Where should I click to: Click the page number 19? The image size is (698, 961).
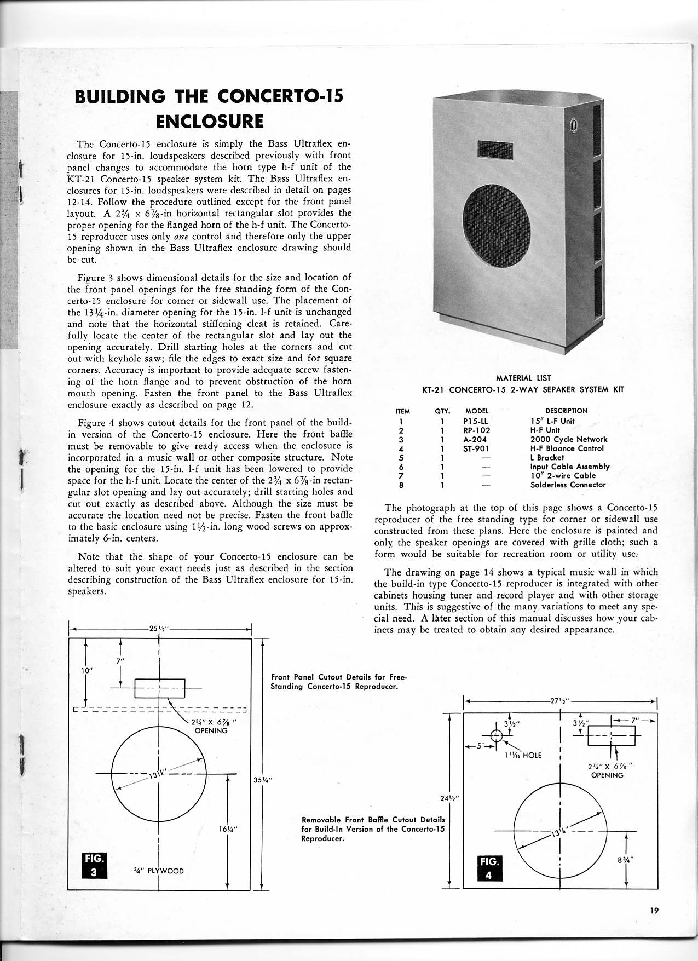(654, 911)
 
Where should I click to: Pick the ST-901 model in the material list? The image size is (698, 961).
(475, 448)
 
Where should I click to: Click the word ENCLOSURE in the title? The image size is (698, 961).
(209, 120)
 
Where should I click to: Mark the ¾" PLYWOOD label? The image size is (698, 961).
(159, 871)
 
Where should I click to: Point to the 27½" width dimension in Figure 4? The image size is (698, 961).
(559, 700)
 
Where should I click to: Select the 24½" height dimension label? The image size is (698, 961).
(449, 798)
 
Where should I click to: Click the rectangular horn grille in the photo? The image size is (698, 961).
(494, 148)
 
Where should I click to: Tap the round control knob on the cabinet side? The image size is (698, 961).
(573, 126)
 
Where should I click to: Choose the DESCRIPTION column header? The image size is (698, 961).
(566, 411)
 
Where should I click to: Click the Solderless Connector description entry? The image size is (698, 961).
(568, 485)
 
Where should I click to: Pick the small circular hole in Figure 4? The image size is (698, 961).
(496, 735)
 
